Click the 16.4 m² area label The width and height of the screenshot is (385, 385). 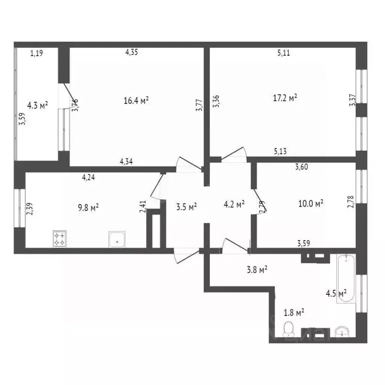[x=136, y=101]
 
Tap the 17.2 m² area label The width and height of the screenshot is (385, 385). [x=285, y=97]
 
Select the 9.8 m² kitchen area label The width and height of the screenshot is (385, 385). [x=87, y=207]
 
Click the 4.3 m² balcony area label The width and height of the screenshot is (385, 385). [x=38, y=106]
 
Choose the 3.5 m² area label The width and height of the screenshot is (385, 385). [x=186, y=206]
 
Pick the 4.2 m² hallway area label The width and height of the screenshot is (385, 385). [x=234, y=204]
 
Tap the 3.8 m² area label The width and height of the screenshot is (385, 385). [x=257, y=269]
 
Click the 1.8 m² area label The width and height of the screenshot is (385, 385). [x=294, y=313]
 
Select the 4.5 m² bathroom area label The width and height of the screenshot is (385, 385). [x=336, y=293]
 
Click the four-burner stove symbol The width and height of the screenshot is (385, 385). [x=60, y=238]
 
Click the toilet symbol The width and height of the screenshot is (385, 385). [x=288, y=329]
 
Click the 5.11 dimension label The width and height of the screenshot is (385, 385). [x=284, y=54]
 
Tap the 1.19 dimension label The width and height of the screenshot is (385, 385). [x=37, y=52]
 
